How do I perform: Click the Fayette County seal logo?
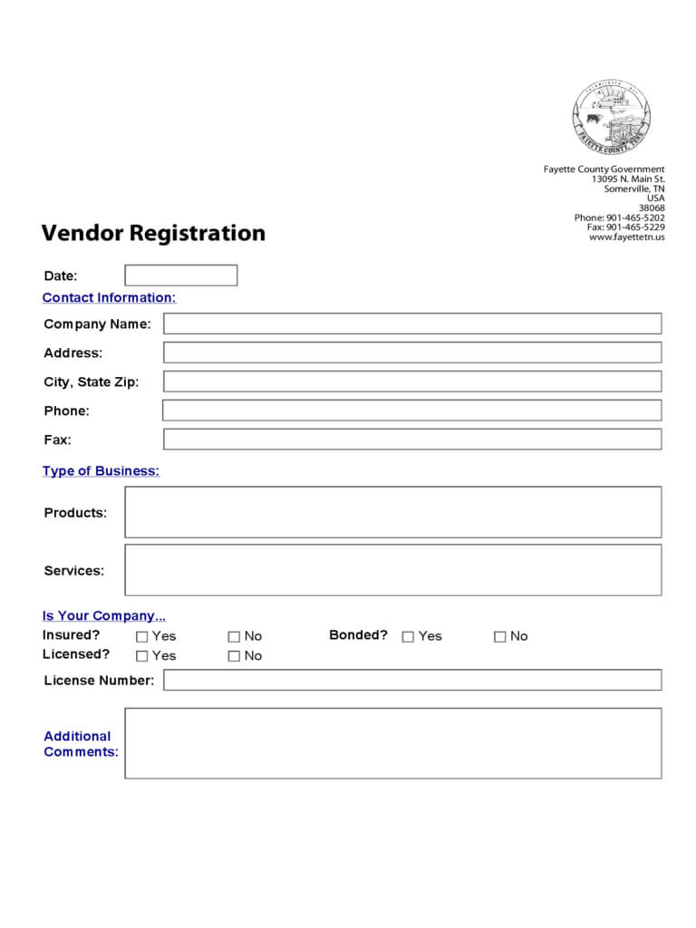(x=612, y=118)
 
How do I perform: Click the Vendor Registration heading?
(x=153, y=233)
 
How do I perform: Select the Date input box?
(x=180, y=275)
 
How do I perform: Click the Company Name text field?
(x=412, y=324)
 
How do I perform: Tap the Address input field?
(x=412, y=353)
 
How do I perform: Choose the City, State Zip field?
(x=412, y=382)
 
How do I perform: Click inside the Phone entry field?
(x=412, y=411)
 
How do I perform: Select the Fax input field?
(x=412, y=440)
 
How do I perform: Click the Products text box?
(x=392, y=512)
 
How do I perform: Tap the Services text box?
(x=392, y=570)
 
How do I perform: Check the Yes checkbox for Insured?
(x=141, y=637)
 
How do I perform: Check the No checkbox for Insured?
(x=234, y=637)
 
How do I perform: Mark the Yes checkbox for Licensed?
(x=141, y=656)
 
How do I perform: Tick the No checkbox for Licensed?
(x=234, y=656)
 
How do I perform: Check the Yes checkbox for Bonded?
(x=408, y=637)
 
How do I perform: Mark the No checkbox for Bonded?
(x=499, y=637)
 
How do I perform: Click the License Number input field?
(x=412, y=680)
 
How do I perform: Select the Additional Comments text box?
(x=392, y=743)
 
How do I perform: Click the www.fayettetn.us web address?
(x=626, y=237)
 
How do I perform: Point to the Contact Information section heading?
(x=109, y=298)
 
